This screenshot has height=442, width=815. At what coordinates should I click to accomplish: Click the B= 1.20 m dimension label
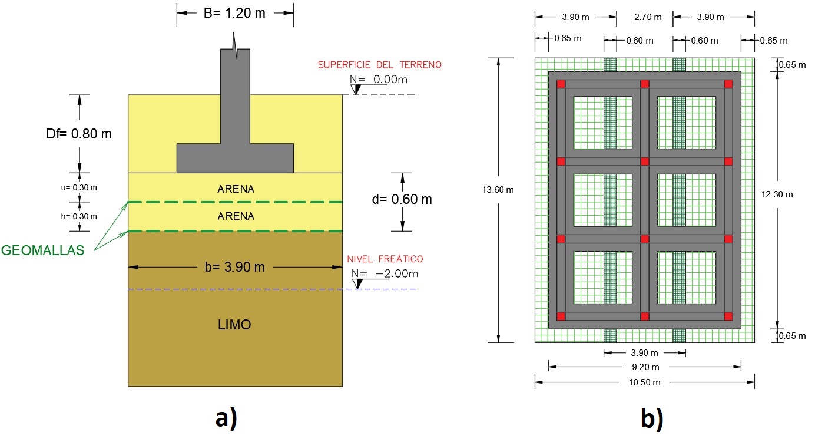click(235, 13)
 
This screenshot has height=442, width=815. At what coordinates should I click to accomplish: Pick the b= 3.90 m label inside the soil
click(235, 267)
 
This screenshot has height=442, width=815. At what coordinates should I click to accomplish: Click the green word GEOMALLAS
click(42, 250)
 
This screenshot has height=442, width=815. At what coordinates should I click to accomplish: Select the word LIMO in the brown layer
click(235, 325)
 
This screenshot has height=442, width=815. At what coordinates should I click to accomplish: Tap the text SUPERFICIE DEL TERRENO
click(379, 65)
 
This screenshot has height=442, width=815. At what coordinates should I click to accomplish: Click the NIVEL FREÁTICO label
click(385, 259)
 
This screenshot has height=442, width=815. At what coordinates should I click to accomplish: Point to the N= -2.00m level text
click(385, 273)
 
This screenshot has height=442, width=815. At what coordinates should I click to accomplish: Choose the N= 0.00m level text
click(379, 79)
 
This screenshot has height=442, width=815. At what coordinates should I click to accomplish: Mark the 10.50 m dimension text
click(644, 382)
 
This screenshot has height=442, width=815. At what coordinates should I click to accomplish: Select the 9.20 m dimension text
click(644, 367)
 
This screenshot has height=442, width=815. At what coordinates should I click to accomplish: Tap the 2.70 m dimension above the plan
click(644, 17)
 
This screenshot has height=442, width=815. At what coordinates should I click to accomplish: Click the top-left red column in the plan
click(561, 84)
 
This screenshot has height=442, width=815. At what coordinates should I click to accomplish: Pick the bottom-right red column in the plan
click(728, 316)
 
